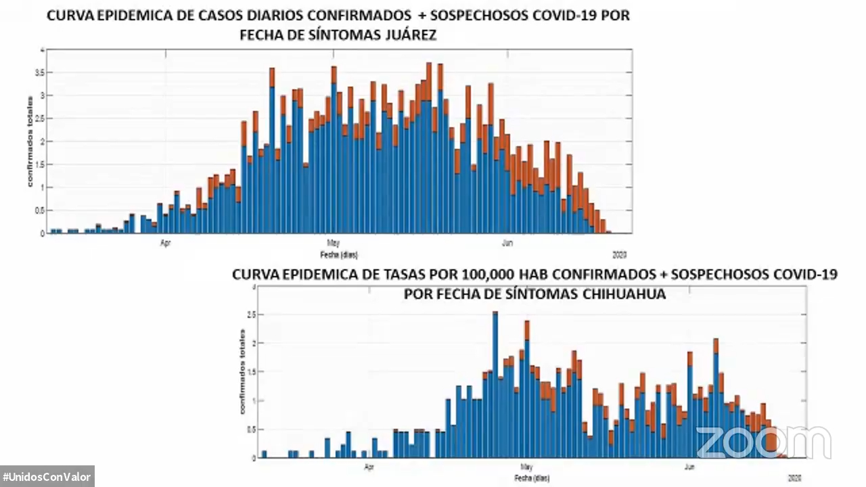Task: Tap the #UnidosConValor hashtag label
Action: coord(47,477)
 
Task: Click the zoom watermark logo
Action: coord(763,443)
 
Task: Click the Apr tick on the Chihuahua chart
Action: coord(369,466)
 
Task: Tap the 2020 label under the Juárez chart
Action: coord(620,255)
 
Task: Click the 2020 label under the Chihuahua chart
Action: coord(795,478)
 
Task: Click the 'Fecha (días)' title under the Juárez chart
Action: coord(338,255)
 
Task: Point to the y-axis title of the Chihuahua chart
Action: coord(242,371)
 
